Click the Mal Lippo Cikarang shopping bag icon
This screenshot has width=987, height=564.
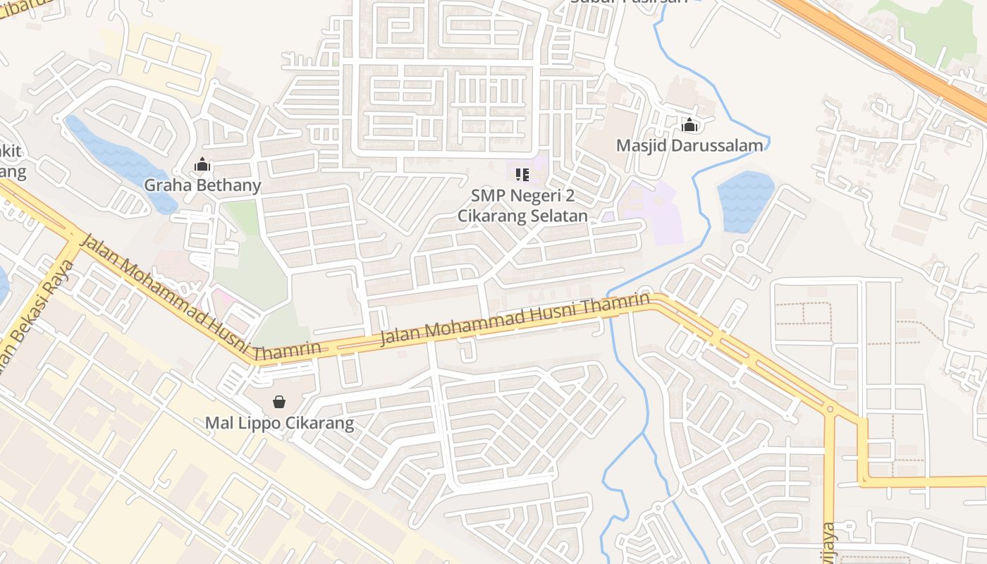click(x=279, y=402)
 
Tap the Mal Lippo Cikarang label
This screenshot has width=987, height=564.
click(x=279, y=423)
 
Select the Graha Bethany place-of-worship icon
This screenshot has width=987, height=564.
click(x=202, y=166)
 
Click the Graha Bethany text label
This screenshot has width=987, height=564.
click(x=202, y=185)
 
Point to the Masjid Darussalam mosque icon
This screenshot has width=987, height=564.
click(x=689, y=125)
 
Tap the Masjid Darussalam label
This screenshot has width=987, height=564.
click(x=689, y=146)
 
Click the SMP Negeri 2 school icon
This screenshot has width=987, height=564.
click(x=522, y=173)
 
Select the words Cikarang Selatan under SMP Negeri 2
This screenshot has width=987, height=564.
click(x=522, y=216)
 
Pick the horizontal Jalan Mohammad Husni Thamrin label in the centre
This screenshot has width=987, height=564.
click(x=515, y=319)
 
